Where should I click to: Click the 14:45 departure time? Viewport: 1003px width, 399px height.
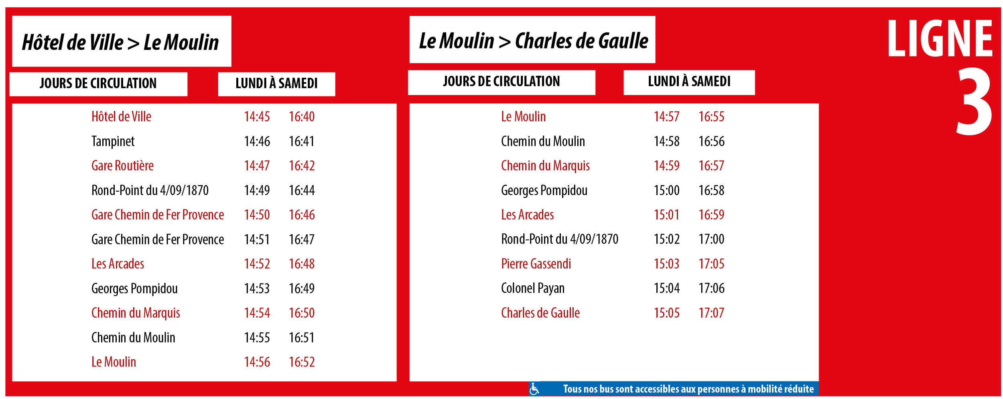(x=257, y=117)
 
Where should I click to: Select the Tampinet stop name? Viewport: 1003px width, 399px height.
(x=113, y=141)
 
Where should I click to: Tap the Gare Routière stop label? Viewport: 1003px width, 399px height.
(x=122, y=166)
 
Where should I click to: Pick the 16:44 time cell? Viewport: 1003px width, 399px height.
(x=302, y=190)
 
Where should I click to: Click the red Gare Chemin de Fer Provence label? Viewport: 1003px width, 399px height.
(x=157, y=215)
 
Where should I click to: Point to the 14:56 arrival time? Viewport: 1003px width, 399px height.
(x=257, y=362)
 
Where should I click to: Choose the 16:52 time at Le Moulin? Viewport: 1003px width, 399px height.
(x=302, y=362)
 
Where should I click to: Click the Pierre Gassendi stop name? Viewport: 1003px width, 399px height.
(x=536, y=264)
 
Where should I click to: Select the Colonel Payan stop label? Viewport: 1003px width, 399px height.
(x=532, y=288)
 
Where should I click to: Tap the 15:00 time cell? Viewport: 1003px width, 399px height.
(x=666, y=190)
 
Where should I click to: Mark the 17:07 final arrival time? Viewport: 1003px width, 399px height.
(x=711, y=313)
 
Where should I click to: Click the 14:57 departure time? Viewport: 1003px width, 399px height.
(x=666, y=117)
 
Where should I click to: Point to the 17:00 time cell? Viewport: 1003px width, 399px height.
(x=711, y=239)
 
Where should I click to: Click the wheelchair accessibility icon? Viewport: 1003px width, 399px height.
(x=534, y=389)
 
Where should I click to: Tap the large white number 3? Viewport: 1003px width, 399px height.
(x=974, y=102)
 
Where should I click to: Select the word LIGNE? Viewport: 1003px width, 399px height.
(x=940, y=39)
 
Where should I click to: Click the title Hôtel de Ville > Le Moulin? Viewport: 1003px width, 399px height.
(x=120, y=42)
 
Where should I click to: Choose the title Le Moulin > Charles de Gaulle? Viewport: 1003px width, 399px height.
(x=533, y=40)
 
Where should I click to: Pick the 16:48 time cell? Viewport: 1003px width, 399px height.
(x=302, y=264)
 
